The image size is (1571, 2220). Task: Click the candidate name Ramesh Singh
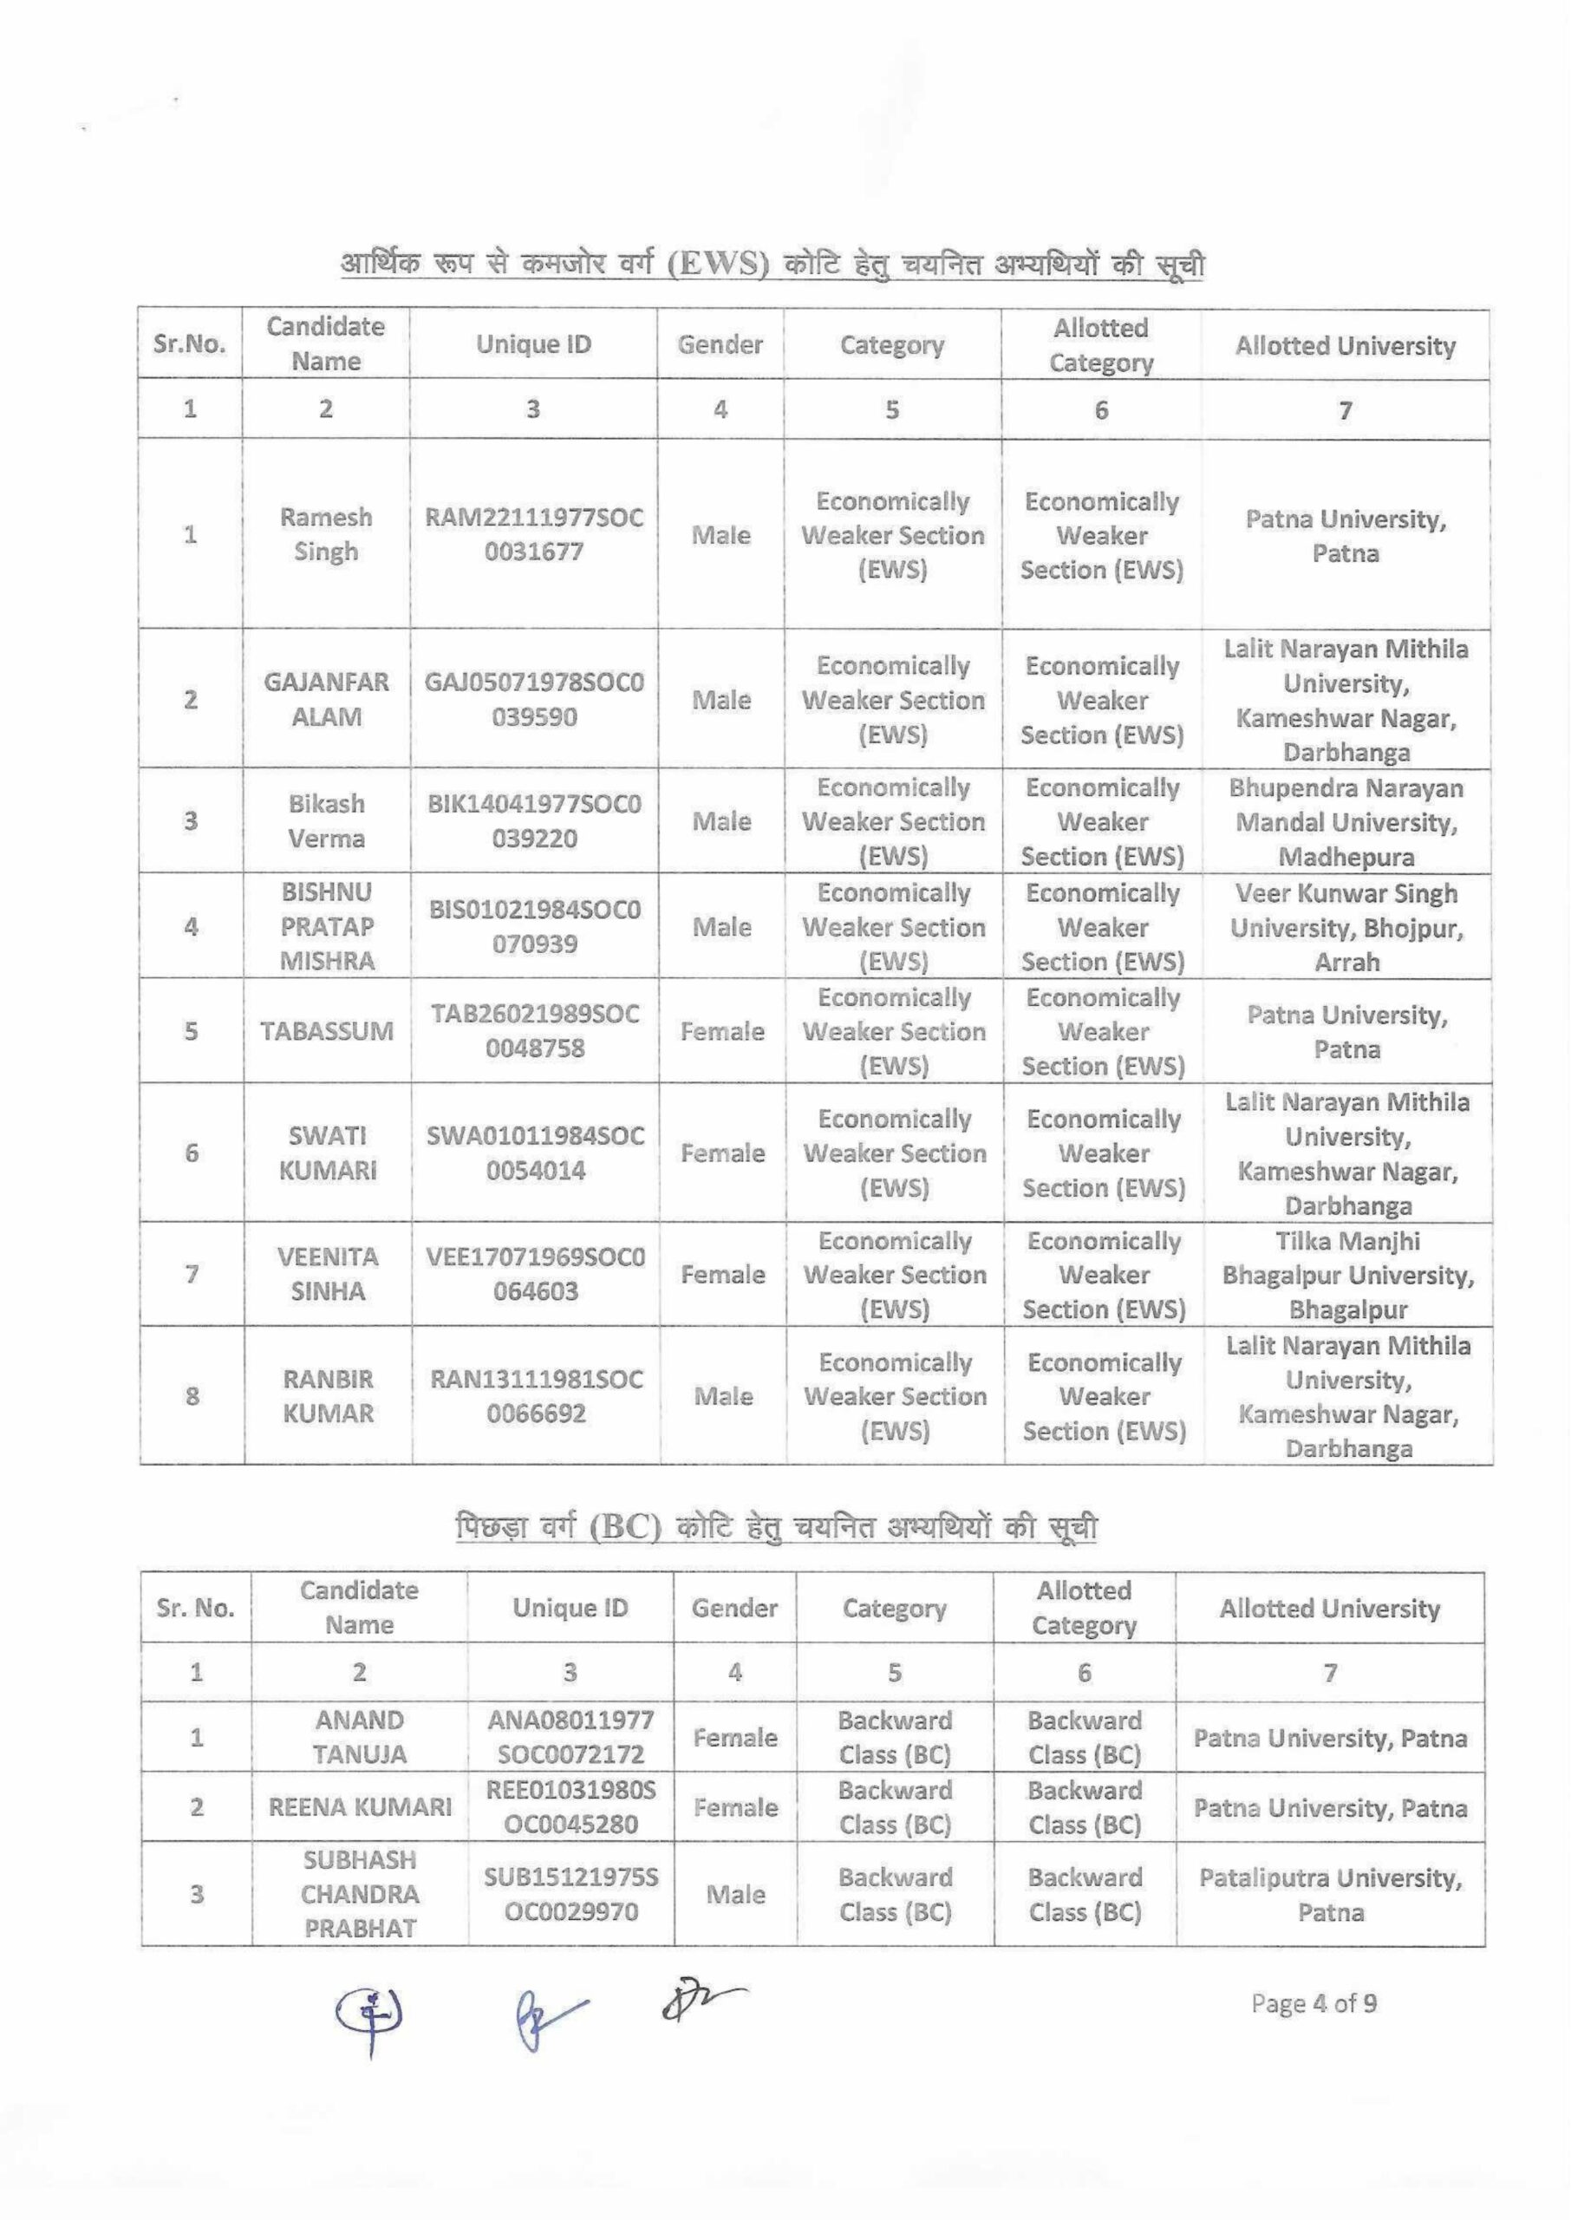coord(326,534)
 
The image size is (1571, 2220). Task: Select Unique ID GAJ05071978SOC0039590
coord(534,699)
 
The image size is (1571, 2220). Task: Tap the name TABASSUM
coord(327,1031)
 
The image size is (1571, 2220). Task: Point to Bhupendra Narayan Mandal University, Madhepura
coord(1346,822)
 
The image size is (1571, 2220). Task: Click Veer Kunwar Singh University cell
coord(1346,927)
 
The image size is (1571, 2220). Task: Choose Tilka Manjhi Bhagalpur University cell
coord(1347,1275)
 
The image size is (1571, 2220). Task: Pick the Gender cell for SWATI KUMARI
coord(722,1153)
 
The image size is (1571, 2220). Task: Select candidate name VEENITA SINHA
coord(328,1274)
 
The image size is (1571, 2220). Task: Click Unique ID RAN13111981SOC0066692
coord(536,1396)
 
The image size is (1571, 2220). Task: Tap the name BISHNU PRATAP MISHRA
coord(327,927)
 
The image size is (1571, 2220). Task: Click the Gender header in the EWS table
coord(720,344)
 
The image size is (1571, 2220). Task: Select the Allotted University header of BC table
coord(1329,1609)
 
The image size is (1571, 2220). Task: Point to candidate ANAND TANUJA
coord(360,1737)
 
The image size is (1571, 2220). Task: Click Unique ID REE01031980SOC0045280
coord(570,1807)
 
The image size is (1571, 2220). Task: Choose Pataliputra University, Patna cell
coord(1330,1894)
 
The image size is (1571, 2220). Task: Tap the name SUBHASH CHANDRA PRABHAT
coord(360,1894)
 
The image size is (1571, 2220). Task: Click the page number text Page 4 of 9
coord(1314,2003)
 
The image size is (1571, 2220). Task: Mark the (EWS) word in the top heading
coord(718,264)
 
